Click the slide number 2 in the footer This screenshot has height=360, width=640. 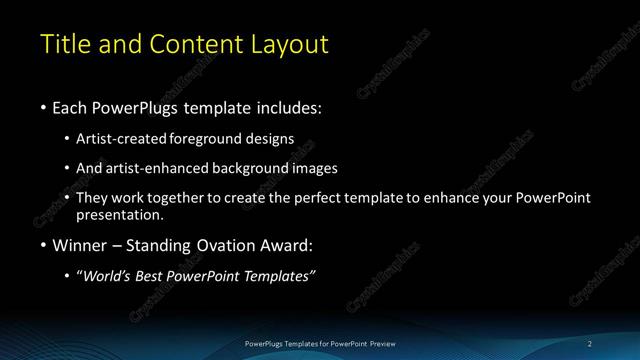(x=591, y=343)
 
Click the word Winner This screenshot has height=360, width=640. (x=81, y=245)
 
